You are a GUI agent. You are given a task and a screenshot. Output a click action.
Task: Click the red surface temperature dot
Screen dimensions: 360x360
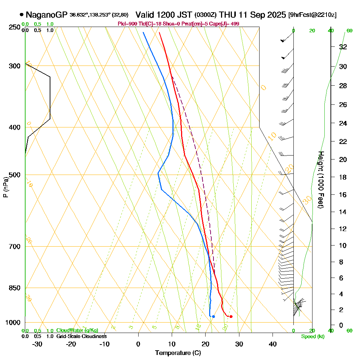pyautogui.click(x=231, y=316)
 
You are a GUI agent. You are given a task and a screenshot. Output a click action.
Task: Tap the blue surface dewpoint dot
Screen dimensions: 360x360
pyautogui.click(x=213, y=316)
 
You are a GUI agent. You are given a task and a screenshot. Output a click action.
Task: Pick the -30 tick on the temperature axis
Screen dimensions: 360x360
pyautogui.click(x=37, y=343)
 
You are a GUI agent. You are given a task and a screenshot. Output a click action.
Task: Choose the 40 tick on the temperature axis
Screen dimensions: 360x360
pyautogui.click(x=273, y=343)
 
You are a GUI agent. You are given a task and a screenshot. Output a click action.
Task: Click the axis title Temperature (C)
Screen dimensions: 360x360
pyautogui.click(x=178, y=353)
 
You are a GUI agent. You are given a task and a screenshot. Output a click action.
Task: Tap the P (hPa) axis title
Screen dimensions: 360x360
pyautogui.click(x=5, y=187)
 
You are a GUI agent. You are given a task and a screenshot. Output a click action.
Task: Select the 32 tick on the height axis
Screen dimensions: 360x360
pyautogui.click(x=343, y=47)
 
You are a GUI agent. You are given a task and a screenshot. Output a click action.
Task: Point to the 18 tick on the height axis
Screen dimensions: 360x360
pyautogui.click(x=343, y=177)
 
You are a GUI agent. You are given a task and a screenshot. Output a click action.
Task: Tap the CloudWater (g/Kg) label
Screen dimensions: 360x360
pyautogui.click(x=77, y=330)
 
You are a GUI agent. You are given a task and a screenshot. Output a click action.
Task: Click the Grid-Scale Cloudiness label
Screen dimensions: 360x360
pyautogui.click(x=81, y=336)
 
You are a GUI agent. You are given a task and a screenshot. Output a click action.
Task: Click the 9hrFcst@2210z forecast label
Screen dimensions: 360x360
pyautogui.click(x=312, y=15)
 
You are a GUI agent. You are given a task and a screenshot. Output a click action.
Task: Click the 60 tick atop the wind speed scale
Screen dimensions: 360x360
pyautogui.click(x=349, y=31)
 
